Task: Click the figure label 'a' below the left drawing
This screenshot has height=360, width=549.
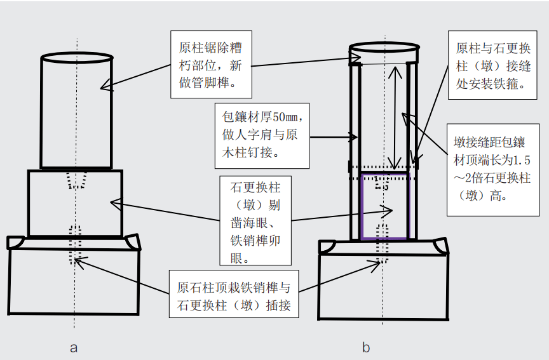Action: tap(74, 347)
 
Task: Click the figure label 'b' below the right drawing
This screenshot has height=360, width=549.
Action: tap(366, 347)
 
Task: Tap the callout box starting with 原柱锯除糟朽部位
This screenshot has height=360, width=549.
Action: tap(210, 65)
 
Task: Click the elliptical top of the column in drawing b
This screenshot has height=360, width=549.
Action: tap(384, 51)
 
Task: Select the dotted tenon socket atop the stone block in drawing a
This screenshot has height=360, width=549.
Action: tap(76, 180)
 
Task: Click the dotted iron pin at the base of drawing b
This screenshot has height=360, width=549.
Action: tap(383, 241)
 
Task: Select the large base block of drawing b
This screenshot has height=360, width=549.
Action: tap(382, 286)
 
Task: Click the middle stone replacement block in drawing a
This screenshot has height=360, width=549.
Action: tap(75, 203)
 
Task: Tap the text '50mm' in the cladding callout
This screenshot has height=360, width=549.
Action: tap(287, 118)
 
